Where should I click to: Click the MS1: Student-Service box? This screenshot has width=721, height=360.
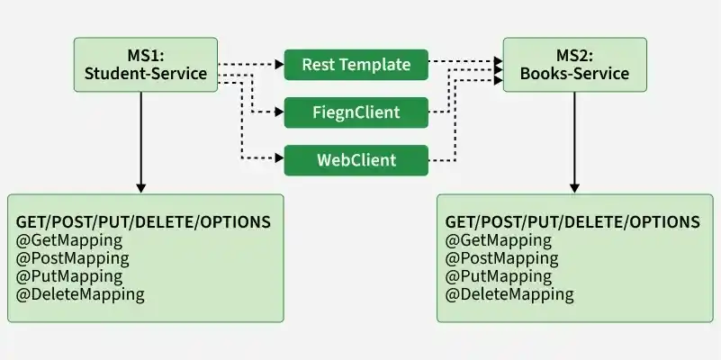pos(146,65)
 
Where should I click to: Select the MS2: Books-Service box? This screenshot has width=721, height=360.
pos(575,65)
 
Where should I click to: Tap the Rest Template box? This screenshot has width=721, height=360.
pos(356,65)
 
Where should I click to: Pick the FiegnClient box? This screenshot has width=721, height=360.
pos(356,112)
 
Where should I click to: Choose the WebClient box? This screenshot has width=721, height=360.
pos(356,160)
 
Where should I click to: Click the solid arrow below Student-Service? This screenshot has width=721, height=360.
pos(141,142)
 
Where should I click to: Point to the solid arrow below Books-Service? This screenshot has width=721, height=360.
pos(574,142)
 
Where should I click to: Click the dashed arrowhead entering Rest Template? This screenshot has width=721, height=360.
pos(280,65)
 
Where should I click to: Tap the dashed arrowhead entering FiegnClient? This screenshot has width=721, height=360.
pos(280,112)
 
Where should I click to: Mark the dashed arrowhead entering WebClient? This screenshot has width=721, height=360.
pos(280,158)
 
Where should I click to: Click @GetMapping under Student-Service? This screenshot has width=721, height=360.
pos(69,241)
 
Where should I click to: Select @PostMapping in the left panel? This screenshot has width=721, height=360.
pos(73,259)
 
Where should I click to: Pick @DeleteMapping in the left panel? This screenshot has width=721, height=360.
pos(80,294)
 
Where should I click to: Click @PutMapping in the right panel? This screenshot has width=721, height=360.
pos(499,277)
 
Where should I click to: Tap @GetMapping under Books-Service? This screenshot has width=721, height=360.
pos(499,241)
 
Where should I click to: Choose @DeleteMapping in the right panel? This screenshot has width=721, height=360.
pos(509,294)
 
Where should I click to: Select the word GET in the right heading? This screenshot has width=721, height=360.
pos(460,222)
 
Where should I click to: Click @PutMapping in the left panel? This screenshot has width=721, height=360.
pos(69,277)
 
